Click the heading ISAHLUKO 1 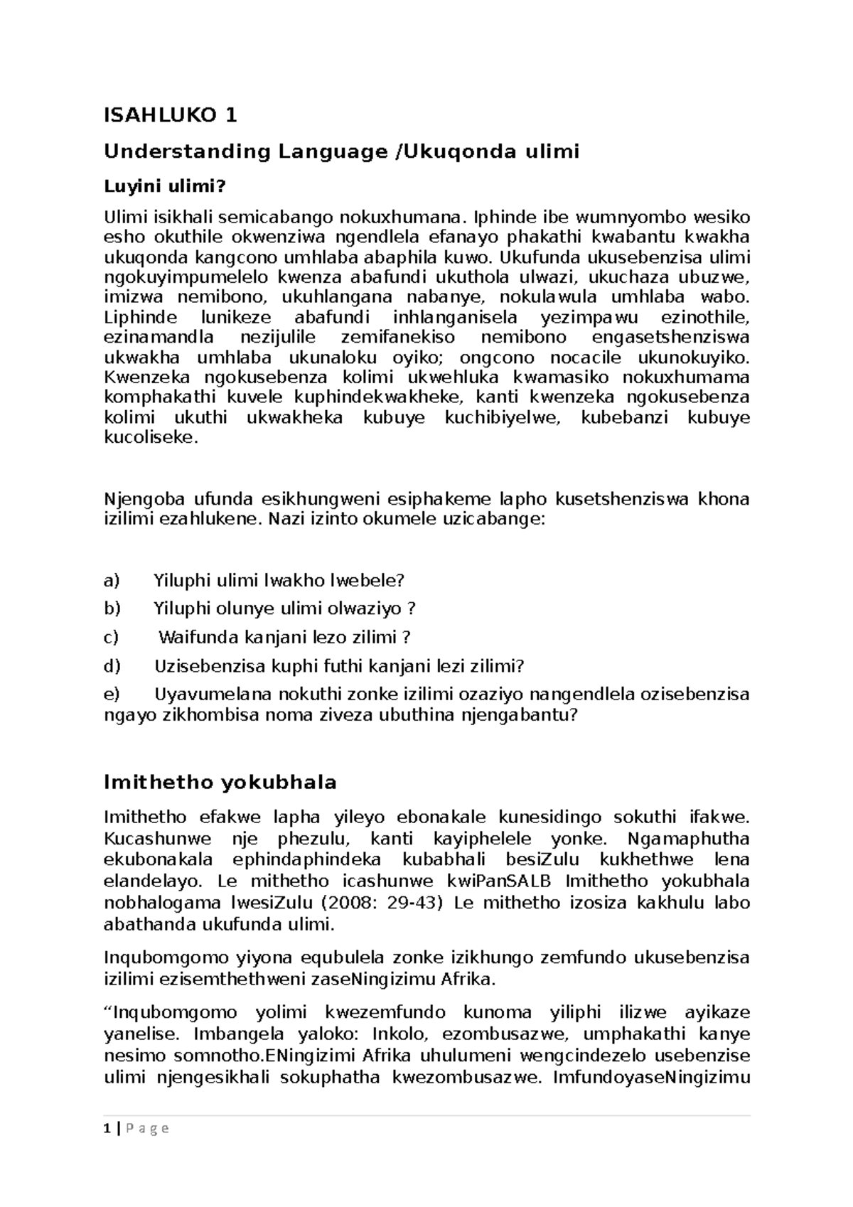pyautogui.click(x=171, y=114)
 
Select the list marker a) pyautogui.click(x=112, y=581)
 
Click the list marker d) pyautogui.click(x=112, y=666)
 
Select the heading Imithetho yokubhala pyautogui.click(x=220, y=783)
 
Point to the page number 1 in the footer pyautogui.click(x=106, y=1128)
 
